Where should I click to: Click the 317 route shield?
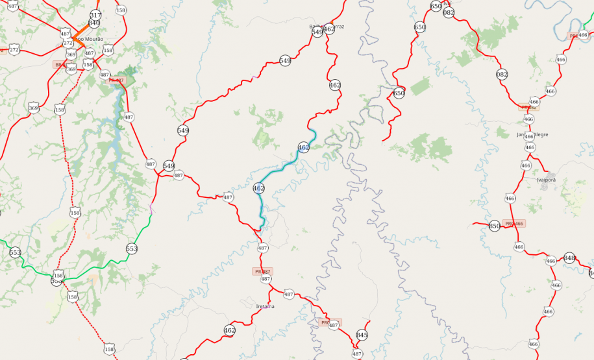[95, 15]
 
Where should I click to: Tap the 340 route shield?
[94, 23]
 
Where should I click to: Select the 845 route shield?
[362, 335]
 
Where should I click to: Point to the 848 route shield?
[569, 258]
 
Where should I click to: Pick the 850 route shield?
[495, 226]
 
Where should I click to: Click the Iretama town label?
[266, 306]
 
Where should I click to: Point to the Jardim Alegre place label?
[532, 135]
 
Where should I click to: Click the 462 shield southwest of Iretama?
[229, 330]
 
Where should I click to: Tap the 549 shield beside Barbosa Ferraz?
[317, 32]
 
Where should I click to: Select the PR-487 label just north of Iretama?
[263, 271]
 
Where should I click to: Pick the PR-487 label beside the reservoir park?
[117, 80]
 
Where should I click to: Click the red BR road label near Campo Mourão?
[58, 65]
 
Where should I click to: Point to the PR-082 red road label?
[529, 107]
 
